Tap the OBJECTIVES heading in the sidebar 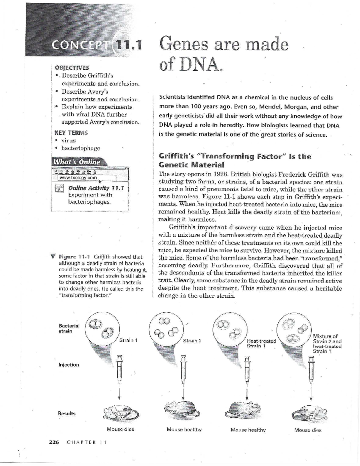pos(71,68)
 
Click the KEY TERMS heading pos(71,133)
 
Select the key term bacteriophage pos(81,148)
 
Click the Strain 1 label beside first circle pos(128,340)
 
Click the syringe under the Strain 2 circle pos(183,369)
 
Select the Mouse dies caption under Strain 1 pos(120,429)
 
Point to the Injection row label pos(69,365)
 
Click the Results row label pos(67,413)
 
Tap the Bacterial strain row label pos(69,328)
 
